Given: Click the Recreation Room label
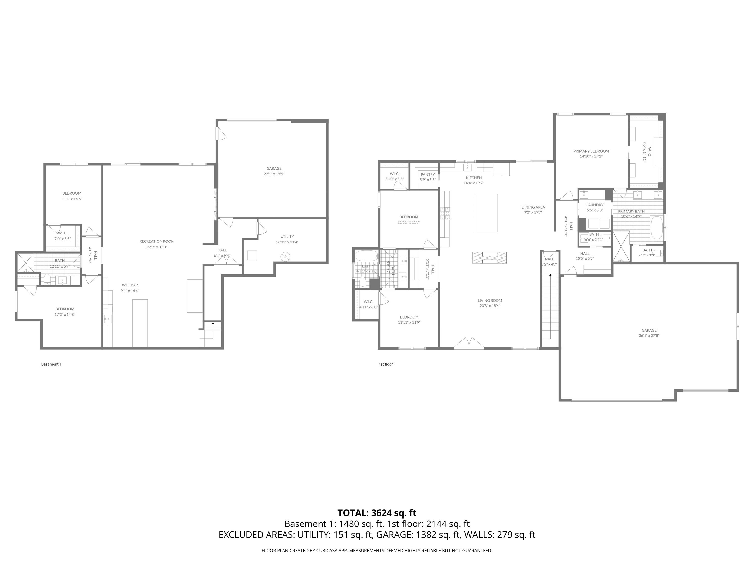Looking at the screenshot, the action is tap(157, 241).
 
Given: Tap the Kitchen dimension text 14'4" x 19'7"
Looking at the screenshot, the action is tap(474, 183).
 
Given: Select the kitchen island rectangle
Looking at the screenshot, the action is tap(486, 213).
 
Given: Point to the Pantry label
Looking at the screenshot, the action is tap(428, 175).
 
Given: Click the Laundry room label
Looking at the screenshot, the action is tap(595, 205).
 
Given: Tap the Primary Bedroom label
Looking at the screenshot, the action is tap(591, 151).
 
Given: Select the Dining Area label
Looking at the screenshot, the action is tap(533, 207).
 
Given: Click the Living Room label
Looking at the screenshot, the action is tap(490, 301).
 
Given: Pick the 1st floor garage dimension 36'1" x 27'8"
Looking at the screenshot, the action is tap(649, 335).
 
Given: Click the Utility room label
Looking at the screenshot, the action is tap(287, 236).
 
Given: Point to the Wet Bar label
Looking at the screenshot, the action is tap(130, 285).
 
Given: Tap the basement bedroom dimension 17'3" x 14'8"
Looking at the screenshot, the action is tap(65, 314).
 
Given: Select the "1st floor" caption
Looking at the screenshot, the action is tap(386, 364).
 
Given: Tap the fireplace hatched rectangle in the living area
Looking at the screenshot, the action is tap(489, 258).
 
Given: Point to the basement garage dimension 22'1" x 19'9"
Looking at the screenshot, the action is tap(274, 174).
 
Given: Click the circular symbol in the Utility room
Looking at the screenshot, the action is tap(285, 256).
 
